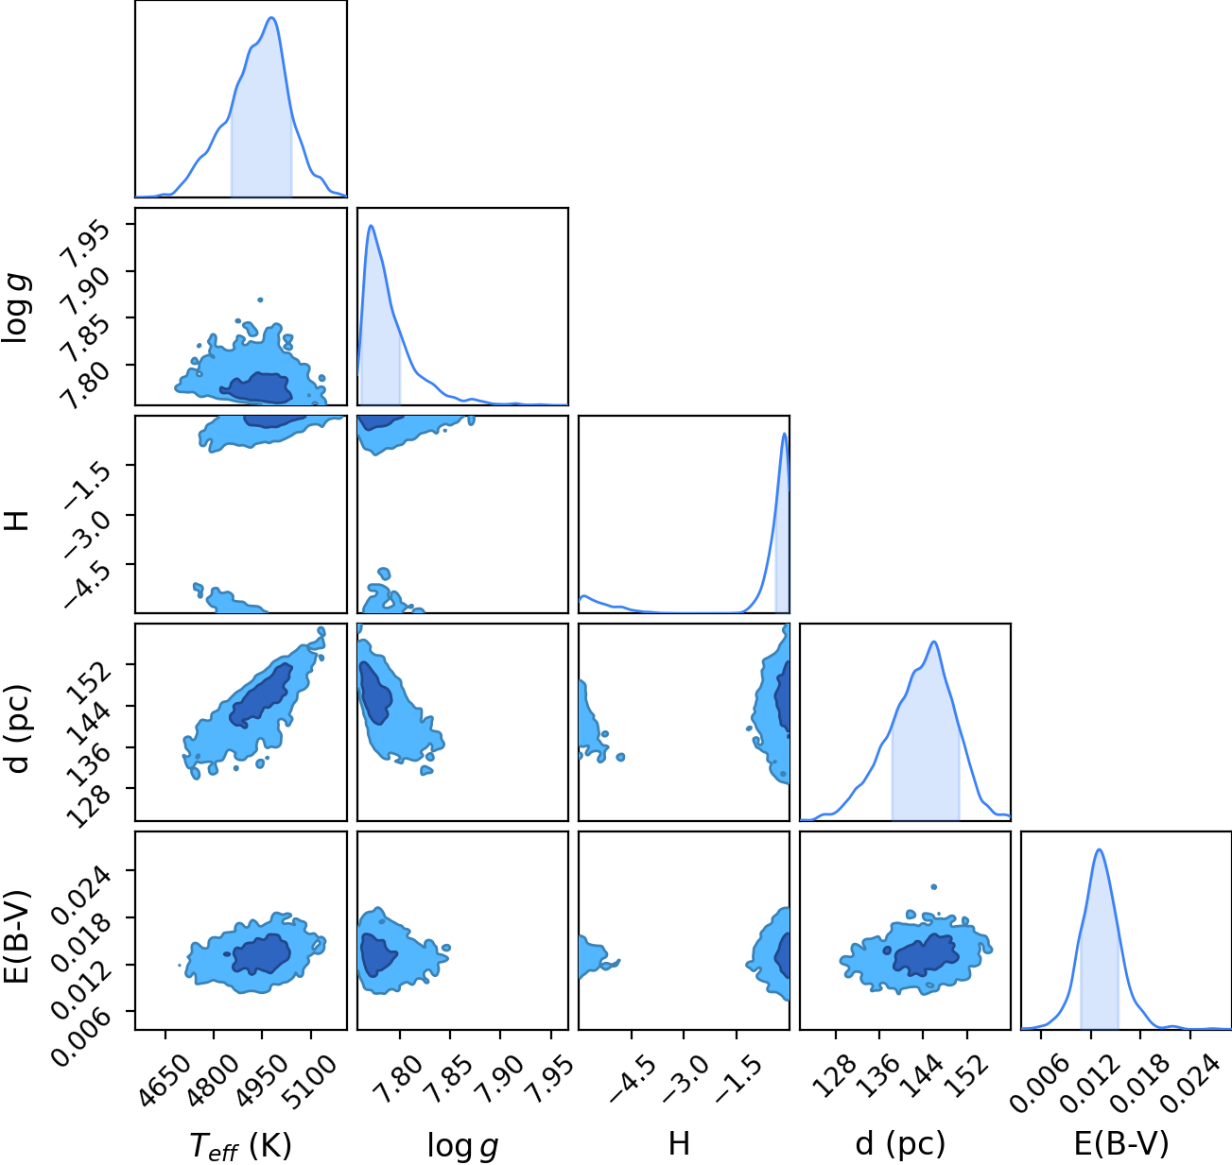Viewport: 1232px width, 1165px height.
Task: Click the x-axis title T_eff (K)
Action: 241,1145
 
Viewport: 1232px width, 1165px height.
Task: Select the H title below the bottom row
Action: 679,1143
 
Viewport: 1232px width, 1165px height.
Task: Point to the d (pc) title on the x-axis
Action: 900,1145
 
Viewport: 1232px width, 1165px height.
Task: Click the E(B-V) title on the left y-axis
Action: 16,935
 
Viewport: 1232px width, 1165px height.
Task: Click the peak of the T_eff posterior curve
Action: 272,18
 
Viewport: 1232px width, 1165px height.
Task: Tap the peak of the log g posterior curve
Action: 371,226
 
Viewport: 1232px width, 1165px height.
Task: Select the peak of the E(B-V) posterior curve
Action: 1100,850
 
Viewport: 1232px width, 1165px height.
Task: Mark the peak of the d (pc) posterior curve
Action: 934,642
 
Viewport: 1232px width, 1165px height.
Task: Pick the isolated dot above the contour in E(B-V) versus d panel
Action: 934,887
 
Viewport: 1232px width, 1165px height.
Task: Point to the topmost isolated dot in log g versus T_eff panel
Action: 260,300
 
